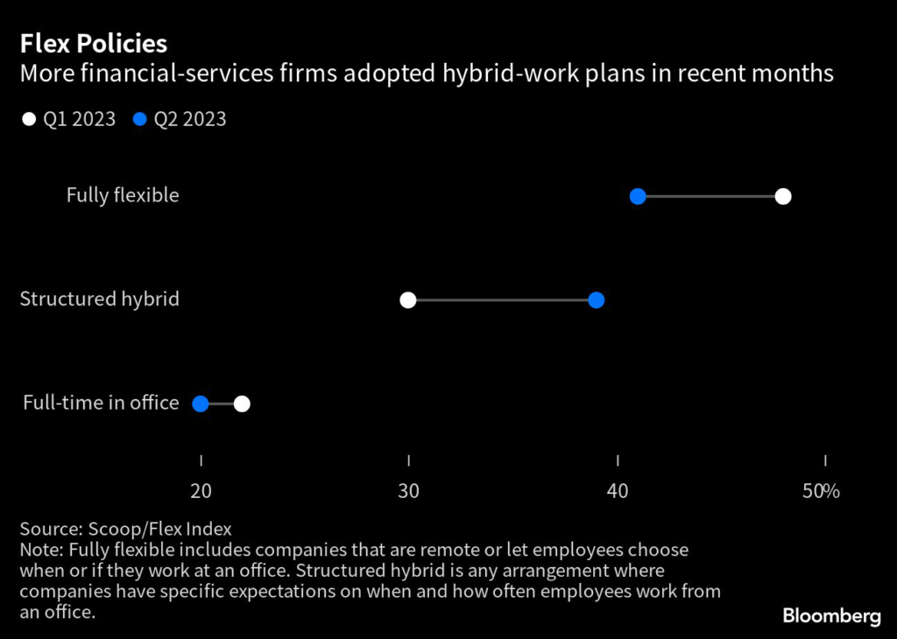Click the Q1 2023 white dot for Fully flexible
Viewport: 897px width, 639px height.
[x=783, y=196]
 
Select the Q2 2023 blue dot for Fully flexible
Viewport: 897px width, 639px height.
[x=638, y=196]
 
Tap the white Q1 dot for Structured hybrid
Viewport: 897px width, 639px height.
[x=407, y=300]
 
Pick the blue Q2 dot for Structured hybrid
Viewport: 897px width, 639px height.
[x=597, y=300]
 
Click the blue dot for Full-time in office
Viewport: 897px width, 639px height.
[x=200, y=404]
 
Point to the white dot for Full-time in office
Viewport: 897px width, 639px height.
[x=242, y=404]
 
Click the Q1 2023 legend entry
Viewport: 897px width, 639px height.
[x=69, y=119]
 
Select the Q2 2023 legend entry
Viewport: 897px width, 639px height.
[x=180, y=119]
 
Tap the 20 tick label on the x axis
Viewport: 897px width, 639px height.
[x=201, y=491]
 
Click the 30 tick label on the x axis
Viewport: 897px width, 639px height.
[x=408, y=491]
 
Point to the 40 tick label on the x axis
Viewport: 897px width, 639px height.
[x=618, y=491]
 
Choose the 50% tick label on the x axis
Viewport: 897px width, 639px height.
[x=822, y=491]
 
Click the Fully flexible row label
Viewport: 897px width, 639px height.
[x=123, y=195]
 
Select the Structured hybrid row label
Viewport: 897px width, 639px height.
[x=99, y=299]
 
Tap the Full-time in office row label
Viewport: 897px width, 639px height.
[x=101, y=403]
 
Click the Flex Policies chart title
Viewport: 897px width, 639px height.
[x=93, y=43]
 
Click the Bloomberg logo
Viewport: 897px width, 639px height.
[x=831, y=616]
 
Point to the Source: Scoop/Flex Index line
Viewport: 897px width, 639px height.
[x=125, y=529]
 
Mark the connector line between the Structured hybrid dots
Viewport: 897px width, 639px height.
[x=502, y=300]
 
